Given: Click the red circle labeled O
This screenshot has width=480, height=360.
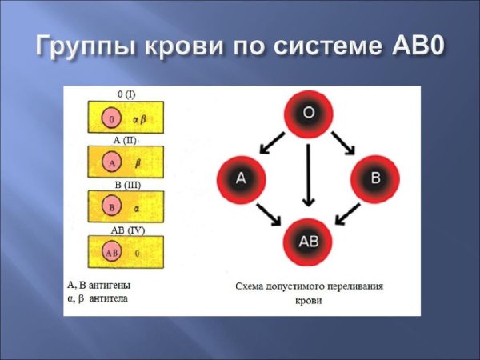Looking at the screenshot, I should pos(308,114).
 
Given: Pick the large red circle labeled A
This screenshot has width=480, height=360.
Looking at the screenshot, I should pos(241,178).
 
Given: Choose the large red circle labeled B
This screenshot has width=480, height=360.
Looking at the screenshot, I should pos(375,178).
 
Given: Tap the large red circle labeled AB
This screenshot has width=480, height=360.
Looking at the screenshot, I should pos(308,241).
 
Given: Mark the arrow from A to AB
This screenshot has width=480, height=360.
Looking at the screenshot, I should pos(269,214).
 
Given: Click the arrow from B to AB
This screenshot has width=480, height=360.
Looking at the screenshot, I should pos(346,214).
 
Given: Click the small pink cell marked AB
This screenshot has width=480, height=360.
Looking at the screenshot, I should pos(113,253).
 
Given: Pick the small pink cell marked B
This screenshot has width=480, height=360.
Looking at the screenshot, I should pos(113,207).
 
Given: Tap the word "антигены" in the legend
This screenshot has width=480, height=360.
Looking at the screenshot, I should pos(106,285).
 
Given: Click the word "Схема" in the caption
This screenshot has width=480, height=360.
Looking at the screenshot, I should pos(252,285).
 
